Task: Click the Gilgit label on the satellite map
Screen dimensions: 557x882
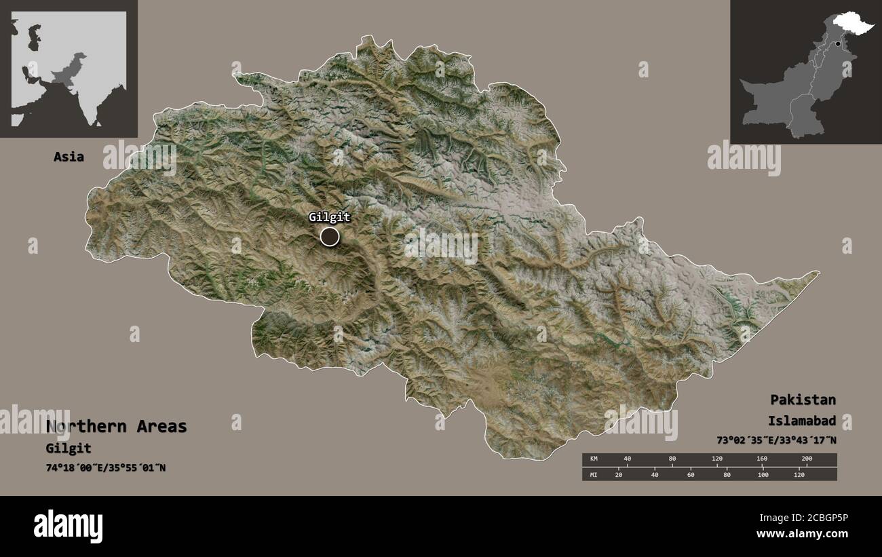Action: coord(330,218)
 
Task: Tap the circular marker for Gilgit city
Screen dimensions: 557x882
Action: coord(330,236)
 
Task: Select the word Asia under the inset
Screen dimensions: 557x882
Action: coord(69,157)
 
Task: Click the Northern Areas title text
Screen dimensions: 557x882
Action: coord(117,427)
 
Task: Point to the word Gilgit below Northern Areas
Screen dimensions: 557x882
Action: coord(69,448)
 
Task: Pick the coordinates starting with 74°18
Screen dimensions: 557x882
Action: coord(106,468)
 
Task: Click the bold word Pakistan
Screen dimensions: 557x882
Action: coord(803,399)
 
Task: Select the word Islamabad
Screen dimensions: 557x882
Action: coord(802,420)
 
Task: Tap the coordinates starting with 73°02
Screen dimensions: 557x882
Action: coord(776,440)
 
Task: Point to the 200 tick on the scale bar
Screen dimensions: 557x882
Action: coord(806,459)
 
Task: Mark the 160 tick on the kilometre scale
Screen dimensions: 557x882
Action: coord(761,459)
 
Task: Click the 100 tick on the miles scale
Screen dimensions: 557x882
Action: coord(763,475)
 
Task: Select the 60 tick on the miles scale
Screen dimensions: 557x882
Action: coord(691,475)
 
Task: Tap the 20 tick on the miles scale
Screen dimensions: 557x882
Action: coord(618,475)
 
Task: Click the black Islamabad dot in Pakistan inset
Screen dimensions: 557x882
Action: coord(838,44)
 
